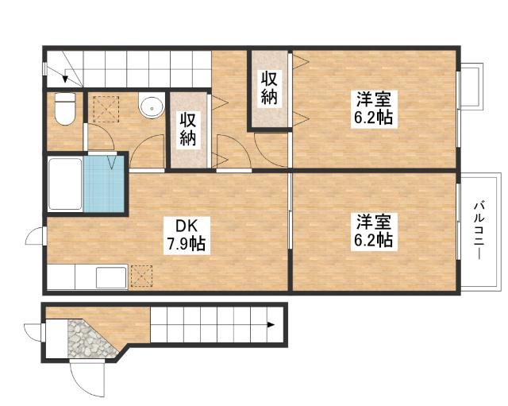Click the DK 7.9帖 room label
click(x=187, y=235)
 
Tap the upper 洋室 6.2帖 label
click(x=373, y=108)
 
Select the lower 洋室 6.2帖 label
click(x=373, y=231)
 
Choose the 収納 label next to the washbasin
click(x=188, y=129)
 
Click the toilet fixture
click(x=65, y=109)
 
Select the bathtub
click(x=65, y=184)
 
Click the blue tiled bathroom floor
click(x=104, y=184)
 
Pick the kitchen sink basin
click(x=111, y=277)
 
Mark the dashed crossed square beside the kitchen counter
click(x=141, y=276)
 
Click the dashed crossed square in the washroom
click(x=106, y=109)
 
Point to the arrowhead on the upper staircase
click(x=65, y=79)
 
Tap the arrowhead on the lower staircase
click(x=271, y=325)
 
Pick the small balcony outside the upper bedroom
click(x=471, y=87)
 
